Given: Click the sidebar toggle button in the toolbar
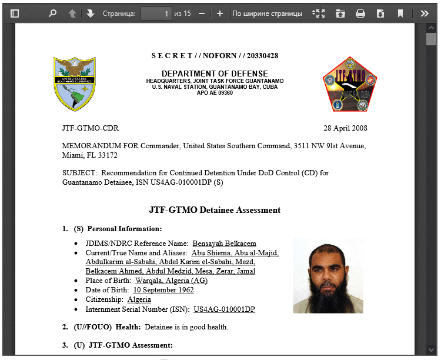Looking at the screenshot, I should click(x=15, y=13).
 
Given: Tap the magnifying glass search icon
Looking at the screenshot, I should click(x=52, y=13).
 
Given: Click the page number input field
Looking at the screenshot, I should click(x=156, y=13).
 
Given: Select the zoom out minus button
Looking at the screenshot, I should click(x=202, y=13).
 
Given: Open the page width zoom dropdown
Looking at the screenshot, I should click(x=275, y=13).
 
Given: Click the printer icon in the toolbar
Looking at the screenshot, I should click(x=360, y=13).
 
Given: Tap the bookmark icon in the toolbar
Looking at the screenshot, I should click(x=400, y=13).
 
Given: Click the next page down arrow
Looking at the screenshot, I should click(x=90, y=13).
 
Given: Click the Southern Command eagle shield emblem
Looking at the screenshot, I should click(x=74, y=84).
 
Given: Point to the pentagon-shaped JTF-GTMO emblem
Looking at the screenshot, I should click(x=349, y=84).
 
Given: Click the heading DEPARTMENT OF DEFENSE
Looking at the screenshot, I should click(x=215, y=74).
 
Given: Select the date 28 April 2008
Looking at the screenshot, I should click(x=345, y=128).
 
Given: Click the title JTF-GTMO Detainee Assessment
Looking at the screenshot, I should click(x=215, y=210).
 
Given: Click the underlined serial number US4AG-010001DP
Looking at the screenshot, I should click(x=224, y=309).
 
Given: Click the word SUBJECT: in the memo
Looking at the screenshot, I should click(x=79, y=173).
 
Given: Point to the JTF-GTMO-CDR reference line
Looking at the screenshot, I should click(x=90, y=128).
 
